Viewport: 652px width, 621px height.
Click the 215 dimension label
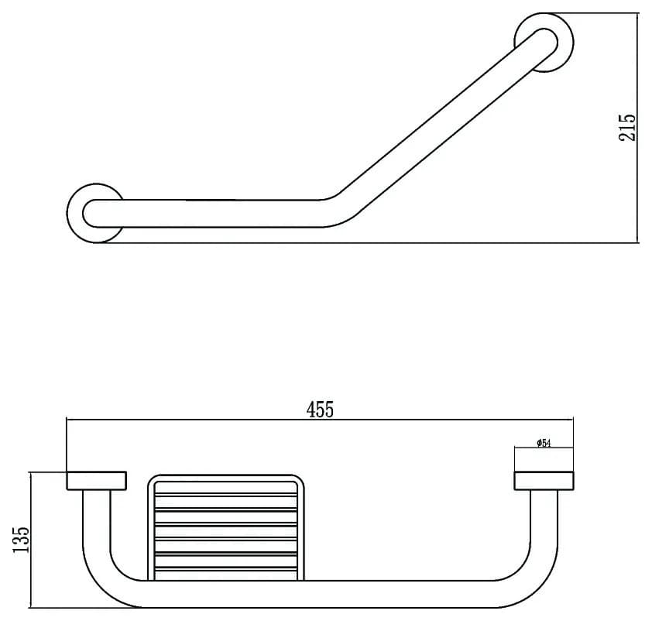627,128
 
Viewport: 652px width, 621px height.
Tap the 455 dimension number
320,410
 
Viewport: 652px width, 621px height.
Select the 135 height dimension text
21,540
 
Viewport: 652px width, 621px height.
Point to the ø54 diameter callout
544,443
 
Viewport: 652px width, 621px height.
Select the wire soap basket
226,527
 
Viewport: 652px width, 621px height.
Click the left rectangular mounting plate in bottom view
97,481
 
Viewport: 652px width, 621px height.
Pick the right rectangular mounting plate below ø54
544,481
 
